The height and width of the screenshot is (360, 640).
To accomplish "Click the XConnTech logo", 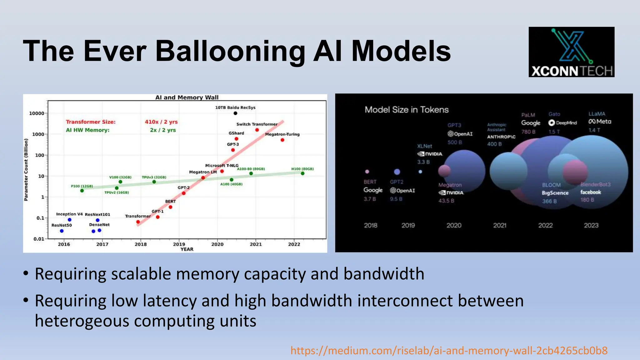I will pos(571,52).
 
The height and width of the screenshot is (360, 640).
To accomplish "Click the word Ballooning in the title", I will pos(230,51).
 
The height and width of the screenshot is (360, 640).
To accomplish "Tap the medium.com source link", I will pos(449,351).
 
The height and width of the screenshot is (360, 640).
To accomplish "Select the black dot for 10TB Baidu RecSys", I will pos(235,113).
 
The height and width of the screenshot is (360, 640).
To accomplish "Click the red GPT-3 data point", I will pos(233,150).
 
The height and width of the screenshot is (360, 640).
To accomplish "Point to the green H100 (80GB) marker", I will pos(302,173).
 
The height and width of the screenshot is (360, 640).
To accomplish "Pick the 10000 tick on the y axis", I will pos(37,113).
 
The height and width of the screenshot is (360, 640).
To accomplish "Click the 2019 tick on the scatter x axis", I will pos(179,244).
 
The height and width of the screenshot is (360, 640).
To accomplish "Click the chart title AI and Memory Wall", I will pos(187,97).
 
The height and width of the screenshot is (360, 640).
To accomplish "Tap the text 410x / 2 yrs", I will pos(161,122).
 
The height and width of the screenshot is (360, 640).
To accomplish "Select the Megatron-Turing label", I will pos(282,134).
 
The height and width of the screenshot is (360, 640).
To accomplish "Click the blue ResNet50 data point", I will pos(62,231).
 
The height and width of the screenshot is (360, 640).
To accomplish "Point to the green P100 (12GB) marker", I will pos(82,191).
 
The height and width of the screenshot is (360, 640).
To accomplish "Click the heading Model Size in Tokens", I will pos(407,110).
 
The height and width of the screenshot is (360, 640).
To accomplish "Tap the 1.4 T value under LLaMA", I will pos(594,130).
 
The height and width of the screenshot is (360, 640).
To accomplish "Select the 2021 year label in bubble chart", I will pos(499,225).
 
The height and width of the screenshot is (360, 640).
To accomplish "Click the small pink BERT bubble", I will pos(367,172).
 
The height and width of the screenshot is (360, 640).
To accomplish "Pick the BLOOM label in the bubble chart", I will pos(551,185).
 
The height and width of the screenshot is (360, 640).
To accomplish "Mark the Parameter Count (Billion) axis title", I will pos(26,170).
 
